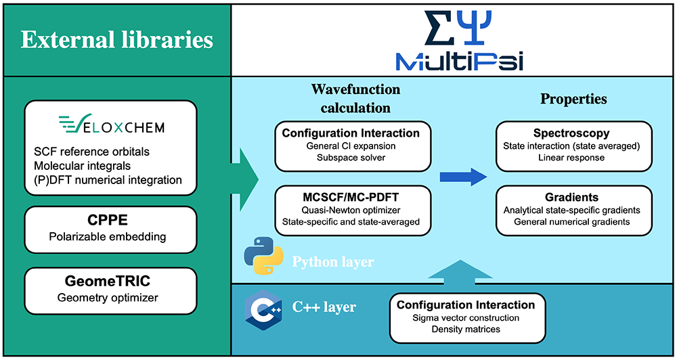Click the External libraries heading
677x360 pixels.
tap(116, 39)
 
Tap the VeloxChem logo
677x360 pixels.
tap(111, 125)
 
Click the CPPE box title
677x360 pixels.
tap(110, 221)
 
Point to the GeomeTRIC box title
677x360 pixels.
tap(110, 281)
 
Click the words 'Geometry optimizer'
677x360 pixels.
tap(110, 296)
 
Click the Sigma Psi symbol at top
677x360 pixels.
tap(454, 27)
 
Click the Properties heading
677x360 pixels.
tap(573, 99)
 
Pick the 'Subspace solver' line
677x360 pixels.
tap(351, 158)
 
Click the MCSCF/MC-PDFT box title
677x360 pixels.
tap(351, 196)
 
